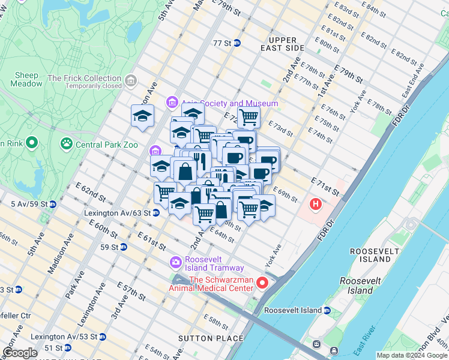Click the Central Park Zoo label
point(105,144)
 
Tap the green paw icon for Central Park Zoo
point(65,144)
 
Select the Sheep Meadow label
point(26,79)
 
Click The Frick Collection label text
point(85,78)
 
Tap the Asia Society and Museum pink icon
point(172,103)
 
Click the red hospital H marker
point(315,205)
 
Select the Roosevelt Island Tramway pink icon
point(175,262)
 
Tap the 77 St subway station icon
point(237,43)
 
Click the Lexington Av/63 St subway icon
point(156,212)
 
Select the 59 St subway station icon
point(123,247)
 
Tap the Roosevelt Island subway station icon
point(327,310)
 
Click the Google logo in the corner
point(19,353)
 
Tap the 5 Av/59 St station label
point(29,204)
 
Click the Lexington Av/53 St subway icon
point(103,337)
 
